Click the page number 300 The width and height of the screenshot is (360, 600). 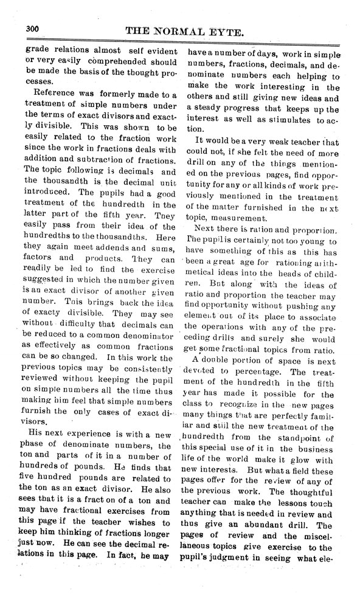click(33, 29)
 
